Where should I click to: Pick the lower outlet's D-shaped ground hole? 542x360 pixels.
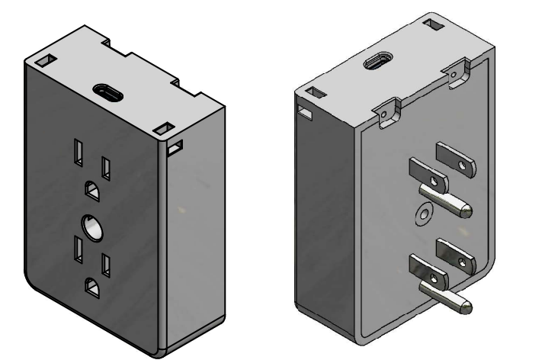[93, 288]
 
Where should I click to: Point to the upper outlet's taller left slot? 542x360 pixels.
[79, 151]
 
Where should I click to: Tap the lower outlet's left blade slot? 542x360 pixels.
[78, 249]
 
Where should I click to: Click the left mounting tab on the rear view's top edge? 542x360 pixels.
[390, 109]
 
